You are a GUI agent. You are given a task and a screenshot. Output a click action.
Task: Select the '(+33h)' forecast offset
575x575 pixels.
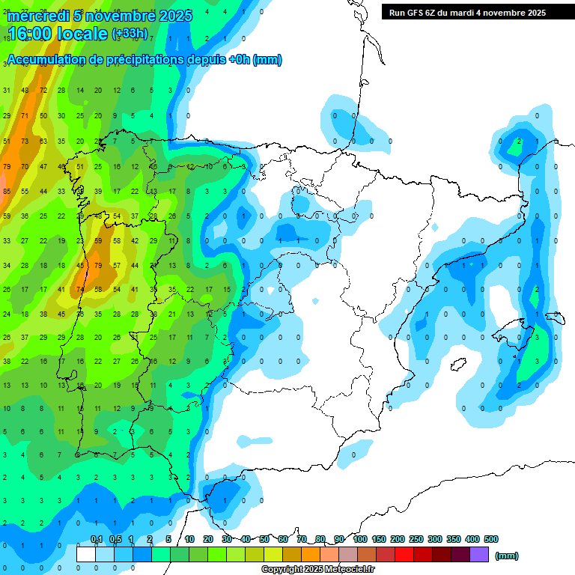(130, 34)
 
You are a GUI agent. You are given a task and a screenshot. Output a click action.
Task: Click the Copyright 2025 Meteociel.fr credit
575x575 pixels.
(318, 570)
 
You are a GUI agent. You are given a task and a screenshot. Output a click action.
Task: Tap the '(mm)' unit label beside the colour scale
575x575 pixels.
(507, 556)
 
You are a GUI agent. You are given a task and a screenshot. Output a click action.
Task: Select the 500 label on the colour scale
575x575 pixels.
(491, 539)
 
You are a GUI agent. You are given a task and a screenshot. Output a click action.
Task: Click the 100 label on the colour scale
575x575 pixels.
(359, 539)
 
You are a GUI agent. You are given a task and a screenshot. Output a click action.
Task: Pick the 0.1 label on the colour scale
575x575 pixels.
(96, 539)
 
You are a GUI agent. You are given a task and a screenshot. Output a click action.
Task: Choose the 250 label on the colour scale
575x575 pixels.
(416, 539)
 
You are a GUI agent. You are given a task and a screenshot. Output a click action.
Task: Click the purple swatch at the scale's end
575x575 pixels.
(479, 555)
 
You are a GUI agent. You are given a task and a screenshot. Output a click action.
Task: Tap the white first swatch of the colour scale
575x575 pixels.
(86, 555)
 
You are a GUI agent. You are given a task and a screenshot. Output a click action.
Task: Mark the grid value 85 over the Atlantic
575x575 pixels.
(7, 192)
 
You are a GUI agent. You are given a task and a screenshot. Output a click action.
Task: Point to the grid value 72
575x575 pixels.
(43, 91)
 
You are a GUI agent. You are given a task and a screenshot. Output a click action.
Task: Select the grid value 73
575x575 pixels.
(25, 142)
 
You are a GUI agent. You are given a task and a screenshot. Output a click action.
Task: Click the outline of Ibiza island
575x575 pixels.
(459, 365)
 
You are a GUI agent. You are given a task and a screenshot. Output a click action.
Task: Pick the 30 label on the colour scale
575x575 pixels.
(227, 539)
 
